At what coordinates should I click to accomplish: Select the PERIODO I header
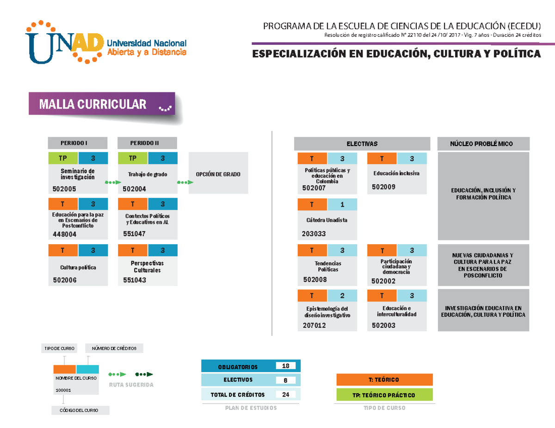tap(78, 143)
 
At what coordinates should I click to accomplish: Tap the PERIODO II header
tap(147, 143)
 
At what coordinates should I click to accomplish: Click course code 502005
tap(65, 189)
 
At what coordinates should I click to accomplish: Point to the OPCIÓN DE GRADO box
tap(218, 174)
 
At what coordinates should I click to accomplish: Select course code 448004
tap(65, 234)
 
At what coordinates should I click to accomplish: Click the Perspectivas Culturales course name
tap(147, 266)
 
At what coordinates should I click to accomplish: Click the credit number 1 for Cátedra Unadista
tap(342, 205)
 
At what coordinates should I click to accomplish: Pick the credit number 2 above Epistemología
tap(342, 295)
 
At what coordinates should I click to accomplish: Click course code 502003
tap(383, 326)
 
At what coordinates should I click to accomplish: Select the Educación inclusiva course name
tap(396, 174)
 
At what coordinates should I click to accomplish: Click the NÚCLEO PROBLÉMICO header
tap(483, 144)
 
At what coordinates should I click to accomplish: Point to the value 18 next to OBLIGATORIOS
tap(285, 366)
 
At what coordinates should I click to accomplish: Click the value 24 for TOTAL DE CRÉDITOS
tap(285, 395)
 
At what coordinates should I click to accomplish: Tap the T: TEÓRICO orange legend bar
tap(384, 380)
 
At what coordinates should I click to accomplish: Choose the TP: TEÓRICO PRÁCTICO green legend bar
tap(384, 395)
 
